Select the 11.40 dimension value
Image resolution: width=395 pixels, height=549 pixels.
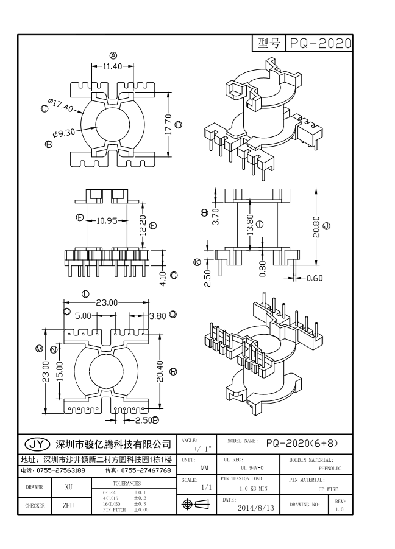pyautogui.click(x=109, y=66)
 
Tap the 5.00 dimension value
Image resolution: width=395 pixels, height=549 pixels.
pyautogui.click(x=84, y=316)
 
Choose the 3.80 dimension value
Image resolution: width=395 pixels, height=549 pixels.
pyautogui.click(x=157, y=316)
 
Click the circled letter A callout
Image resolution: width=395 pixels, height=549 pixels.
pyautogui.click(x=113, y=55)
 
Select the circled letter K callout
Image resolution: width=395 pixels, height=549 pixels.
pyautogui.click(x=197, y=262)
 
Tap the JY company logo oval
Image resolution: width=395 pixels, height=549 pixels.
pyautogui.click(x=35, y=443)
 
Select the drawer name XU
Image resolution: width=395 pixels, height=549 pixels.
pyautogui.click(x=69, y=488)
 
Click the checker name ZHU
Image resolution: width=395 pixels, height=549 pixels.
pyautogui.click(x=69, y=505)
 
